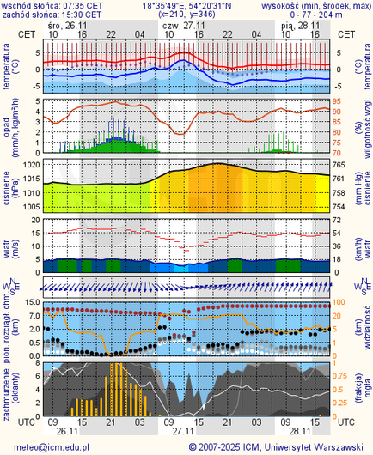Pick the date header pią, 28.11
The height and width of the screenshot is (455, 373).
click(299, 26)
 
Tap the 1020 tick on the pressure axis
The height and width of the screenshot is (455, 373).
click(32, 164)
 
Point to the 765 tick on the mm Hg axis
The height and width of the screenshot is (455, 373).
click(340, 164)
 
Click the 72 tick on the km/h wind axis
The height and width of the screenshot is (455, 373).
click(339, 220)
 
